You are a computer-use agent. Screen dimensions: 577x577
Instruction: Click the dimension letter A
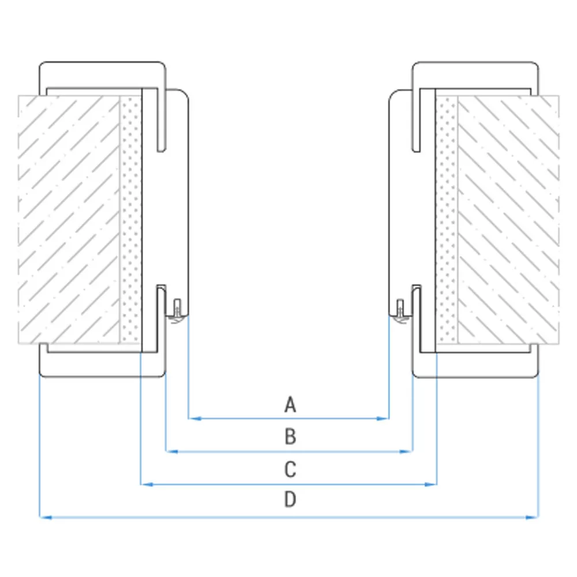point(290,404)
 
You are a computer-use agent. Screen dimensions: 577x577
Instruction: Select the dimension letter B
point(290,437)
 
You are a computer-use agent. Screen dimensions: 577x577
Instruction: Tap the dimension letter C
point(290,470)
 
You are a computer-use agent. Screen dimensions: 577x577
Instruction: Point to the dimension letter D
point(290,499)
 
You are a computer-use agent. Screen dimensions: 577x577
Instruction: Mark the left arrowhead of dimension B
point(172,451)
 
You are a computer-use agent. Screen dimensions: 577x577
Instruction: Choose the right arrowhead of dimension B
point(406,451)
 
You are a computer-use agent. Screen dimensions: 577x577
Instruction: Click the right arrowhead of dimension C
point(430,484)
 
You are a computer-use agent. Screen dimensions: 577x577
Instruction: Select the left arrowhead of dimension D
point(46,517)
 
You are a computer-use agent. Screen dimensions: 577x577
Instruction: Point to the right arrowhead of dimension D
point(532,517)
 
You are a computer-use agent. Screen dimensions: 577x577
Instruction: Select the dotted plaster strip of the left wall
point(130,220)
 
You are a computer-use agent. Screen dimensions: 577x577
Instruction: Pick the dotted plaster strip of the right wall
point(447,220)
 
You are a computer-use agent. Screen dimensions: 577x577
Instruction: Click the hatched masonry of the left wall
point(69,220)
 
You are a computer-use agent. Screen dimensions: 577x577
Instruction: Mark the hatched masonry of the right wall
point(508,220)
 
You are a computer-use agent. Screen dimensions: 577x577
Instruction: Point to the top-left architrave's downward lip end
point(161,151)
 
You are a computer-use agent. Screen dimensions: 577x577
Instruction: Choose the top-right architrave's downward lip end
point(416,151)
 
